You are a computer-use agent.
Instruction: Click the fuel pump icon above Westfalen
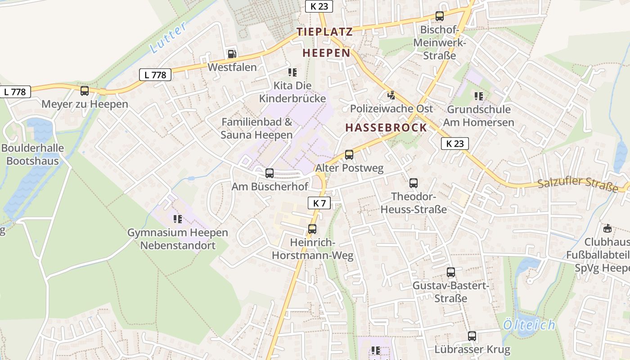(x=232, y=54)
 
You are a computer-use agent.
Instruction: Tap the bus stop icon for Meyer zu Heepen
(x=85, y=91)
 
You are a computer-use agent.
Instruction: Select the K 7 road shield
(x=319, y=203)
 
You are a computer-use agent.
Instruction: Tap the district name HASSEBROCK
(x=386, y=127)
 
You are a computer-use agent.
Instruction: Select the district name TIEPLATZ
(x=324, y=32)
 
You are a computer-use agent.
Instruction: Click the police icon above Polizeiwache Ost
(x=391, y=95)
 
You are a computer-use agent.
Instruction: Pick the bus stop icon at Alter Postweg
(x=349, y=155)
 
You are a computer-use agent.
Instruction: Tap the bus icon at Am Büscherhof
(x=270, y=173)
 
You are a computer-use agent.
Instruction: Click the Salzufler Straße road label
(x=578, y=185)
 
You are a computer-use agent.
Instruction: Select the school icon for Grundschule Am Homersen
(x=478, y=96)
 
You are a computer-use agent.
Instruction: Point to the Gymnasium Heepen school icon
(x=178, y=219)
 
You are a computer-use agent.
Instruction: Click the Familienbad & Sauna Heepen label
(x=256, y=128)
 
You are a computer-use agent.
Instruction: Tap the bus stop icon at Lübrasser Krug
(x=472, y=336)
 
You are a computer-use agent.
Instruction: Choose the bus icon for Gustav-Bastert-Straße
(x=451, y=272)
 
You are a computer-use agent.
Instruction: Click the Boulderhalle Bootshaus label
(x=32, y=154)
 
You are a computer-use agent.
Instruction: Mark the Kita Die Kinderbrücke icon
(x=292, y=72)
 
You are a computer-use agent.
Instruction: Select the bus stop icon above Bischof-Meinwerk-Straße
(x=440, y=16)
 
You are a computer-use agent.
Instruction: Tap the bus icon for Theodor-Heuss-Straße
(x=414, y=183)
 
